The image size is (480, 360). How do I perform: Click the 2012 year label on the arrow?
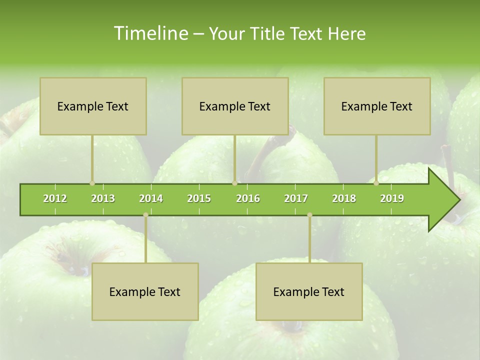coord(55,198)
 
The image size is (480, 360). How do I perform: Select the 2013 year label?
coord(103,198)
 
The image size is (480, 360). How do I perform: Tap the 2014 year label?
coord(151,198)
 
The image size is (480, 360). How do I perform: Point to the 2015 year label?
coord(199,198)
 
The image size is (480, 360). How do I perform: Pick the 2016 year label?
coord(248,198)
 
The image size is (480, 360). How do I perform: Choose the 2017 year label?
coord(296,198)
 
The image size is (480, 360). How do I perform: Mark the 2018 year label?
coord(344,198)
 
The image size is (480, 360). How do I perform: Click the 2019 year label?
coord(392,198)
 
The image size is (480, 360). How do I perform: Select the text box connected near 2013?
coord(93,106)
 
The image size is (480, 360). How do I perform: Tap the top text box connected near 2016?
coord(235,106)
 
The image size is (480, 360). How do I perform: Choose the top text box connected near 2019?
coord(377,106)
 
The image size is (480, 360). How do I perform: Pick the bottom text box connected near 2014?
coord(145,291)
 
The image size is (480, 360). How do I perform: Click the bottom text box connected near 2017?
coord(309,291)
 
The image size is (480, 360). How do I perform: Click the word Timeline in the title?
coord(150,33)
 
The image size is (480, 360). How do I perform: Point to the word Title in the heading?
coord(269,34)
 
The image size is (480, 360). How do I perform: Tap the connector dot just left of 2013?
coord(92,183)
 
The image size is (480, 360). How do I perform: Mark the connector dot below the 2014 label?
coord(145,215)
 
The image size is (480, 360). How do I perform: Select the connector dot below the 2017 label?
coord(309,215)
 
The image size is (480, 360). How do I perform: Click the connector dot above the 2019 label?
coord(376,183)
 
